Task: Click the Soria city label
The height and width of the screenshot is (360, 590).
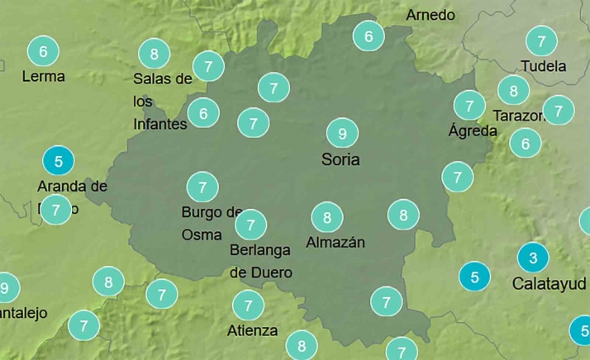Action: click(340, 159)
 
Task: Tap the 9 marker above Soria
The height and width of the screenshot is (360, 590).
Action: click(341, 132)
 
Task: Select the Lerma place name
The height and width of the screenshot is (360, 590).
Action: click(44, 76)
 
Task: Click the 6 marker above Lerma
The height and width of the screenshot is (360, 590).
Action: click(43, 51)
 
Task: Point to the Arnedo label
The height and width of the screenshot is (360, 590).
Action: click(431, 15)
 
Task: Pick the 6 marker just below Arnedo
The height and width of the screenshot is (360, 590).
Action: click(369, 36)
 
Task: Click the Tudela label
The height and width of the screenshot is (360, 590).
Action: click(544, 66)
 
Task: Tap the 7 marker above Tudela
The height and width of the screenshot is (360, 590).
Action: click(541, 40)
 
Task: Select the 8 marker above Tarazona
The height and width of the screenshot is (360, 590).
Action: click(513, 90)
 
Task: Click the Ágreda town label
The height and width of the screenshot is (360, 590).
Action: click(473, 130)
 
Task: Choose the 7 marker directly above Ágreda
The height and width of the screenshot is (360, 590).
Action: click(469, 106)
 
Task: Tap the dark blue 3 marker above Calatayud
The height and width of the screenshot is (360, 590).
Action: click(533, 258)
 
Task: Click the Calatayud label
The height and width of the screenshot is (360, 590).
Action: click(550, 284)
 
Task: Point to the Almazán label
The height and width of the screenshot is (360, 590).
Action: click(335, 243)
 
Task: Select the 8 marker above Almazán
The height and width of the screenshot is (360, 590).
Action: click(327, 218)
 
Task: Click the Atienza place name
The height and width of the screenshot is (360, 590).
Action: click(252, 331)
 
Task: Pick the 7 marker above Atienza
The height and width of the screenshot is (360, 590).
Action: click(248, 306)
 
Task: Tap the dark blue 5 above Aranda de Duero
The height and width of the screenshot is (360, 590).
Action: click(57, 159)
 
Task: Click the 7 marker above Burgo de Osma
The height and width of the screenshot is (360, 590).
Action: click(202, 186)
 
